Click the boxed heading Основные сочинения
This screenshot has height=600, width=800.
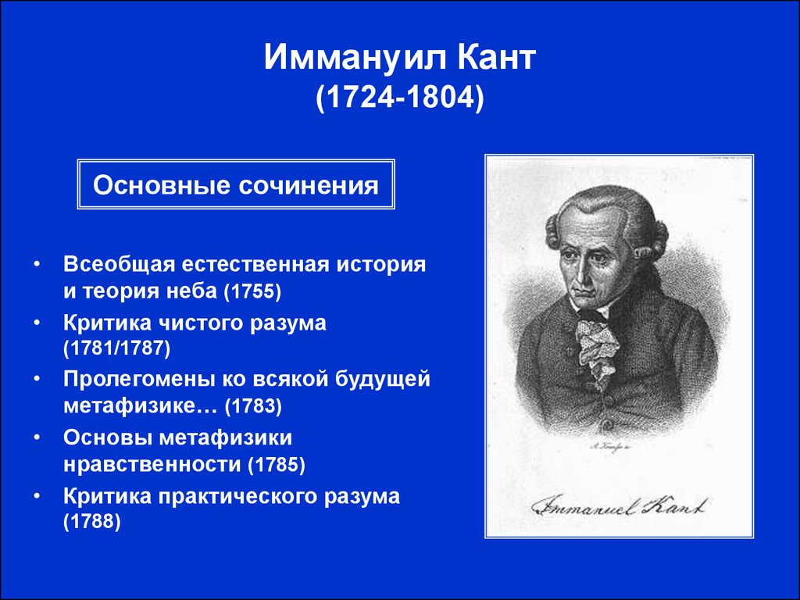(236, 184)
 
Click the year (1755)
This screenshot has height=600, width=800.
(252, 291)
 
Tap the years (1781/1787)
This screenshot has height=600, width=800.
(117, 348)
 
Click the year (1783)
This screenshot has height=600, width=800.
(253, 406)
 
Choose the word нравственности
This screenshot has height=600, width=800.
(152, 464)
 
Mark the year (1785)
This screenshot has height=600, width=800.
(276, 464)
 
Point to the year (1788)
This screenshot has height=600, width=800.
(92, 521)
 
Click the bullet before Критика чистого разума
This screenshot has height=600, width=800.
(36, 323)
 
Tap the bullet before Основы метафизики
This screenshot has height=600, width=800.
(36, 438)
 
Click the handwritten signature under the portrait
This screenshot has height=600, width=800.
(620, 505)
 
